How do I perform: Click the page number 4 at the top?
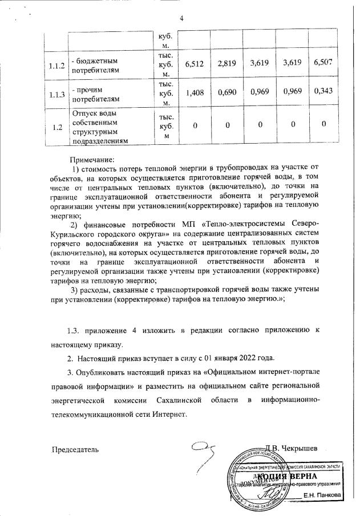[181, 18]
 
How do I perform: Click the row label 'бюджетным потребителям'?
[97, 65]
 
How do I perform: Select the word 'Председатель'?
[75, 449]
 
